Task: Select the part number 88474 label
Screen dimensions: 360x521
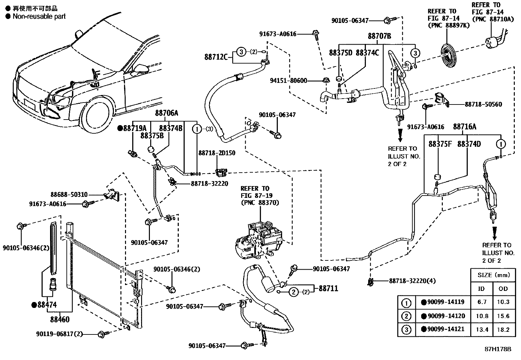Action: (x=47, y=305)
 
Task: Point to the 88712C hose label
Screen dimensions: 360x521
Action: (x=216, y=57)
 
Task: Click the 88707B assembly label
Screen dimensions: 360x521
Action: (x=379, y=36)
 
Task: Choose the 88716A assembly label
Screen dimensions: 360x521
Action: (x=465, y=127)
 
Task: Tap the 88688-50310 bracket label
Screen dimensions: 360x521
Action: (x=69, y=195)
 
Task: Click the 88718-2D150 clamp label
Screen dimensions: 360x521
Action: (x=217, y=153)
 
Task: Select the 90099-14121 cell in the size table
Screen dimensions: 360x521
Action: (x=443, y=329)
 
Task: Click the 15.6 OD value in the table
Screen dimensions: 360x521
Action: (x=503, y=316)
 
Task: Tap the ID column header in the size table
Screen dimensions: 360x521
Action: (x=481, y=289)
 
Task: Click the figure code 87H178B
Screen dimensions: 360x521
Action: (x=498, y=349)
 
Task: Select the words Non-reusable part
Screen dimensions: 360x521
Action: (x=39, y=16)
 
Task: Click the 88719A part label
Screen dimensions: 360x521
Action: (x=135, y=128)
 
